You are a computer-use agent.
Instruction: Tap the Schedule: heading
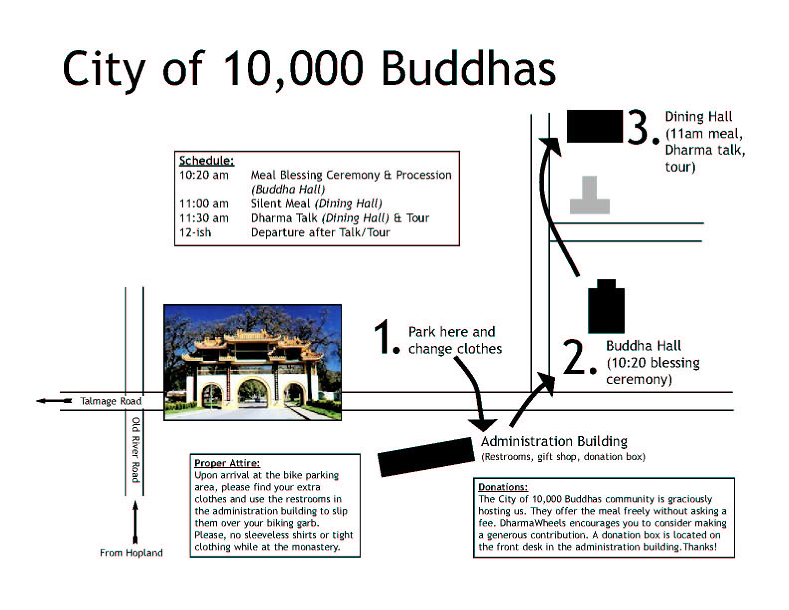coord(207,161)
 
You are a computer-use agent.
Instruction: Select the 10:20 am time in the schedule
coord(204,175)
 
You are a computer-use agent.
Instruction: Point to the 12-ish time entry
coord(195,232)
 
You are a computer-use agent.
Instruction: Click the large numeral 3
coord(638,127)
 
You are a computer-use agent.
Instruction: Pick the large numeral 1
coord(382,337)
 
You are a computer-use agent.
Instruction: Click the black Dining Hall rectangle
coord(595,126)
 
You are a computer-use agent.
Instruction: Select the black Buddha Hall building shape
coord(606,307)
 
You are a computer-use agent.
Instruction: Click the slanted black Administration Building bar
coord(426,457)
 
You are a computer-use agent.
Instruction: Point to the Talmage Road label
coord(111,401)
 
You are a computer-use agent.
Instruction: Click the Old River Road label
coord(135,450)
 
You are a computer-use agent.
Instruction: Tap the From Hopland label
coord(131,553)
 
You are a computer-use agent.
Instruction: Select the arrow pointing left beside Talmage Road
coord(54,401)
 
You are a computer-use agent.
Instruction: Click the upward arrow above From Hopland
coord(135,522)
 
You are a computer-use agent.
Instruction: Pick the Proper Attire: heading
coord(227,463)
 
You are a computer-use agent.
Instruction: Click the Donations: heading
coord(503,487)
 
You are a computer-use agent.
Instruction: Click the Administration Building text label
coord(554,441)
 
